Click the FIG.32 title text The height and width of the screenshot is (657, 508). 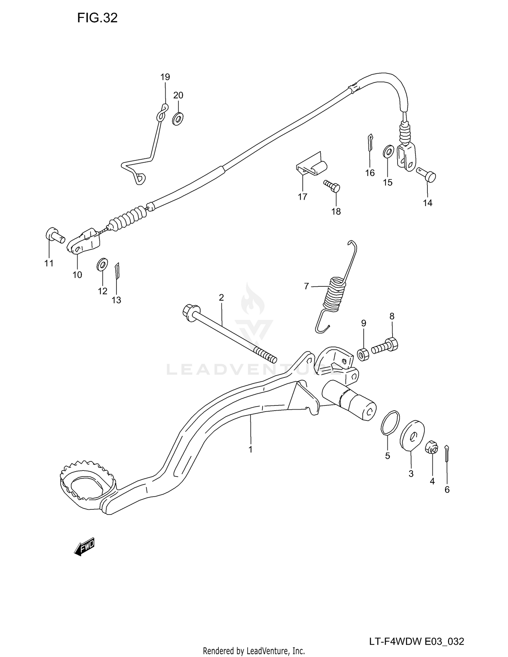(x=97, y=18)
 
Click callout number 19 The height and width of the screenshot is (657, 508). (x=165, y=77)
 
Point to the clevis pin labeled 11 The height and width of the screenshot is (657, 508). (x=55, y=235)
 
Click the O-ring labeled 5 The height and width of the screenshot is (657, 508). (x=390, y=422)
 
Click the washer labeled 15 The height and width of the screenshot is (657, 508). (x=388, y=151)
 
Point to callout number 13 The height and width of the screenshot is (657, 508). (x=116, y=300)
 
